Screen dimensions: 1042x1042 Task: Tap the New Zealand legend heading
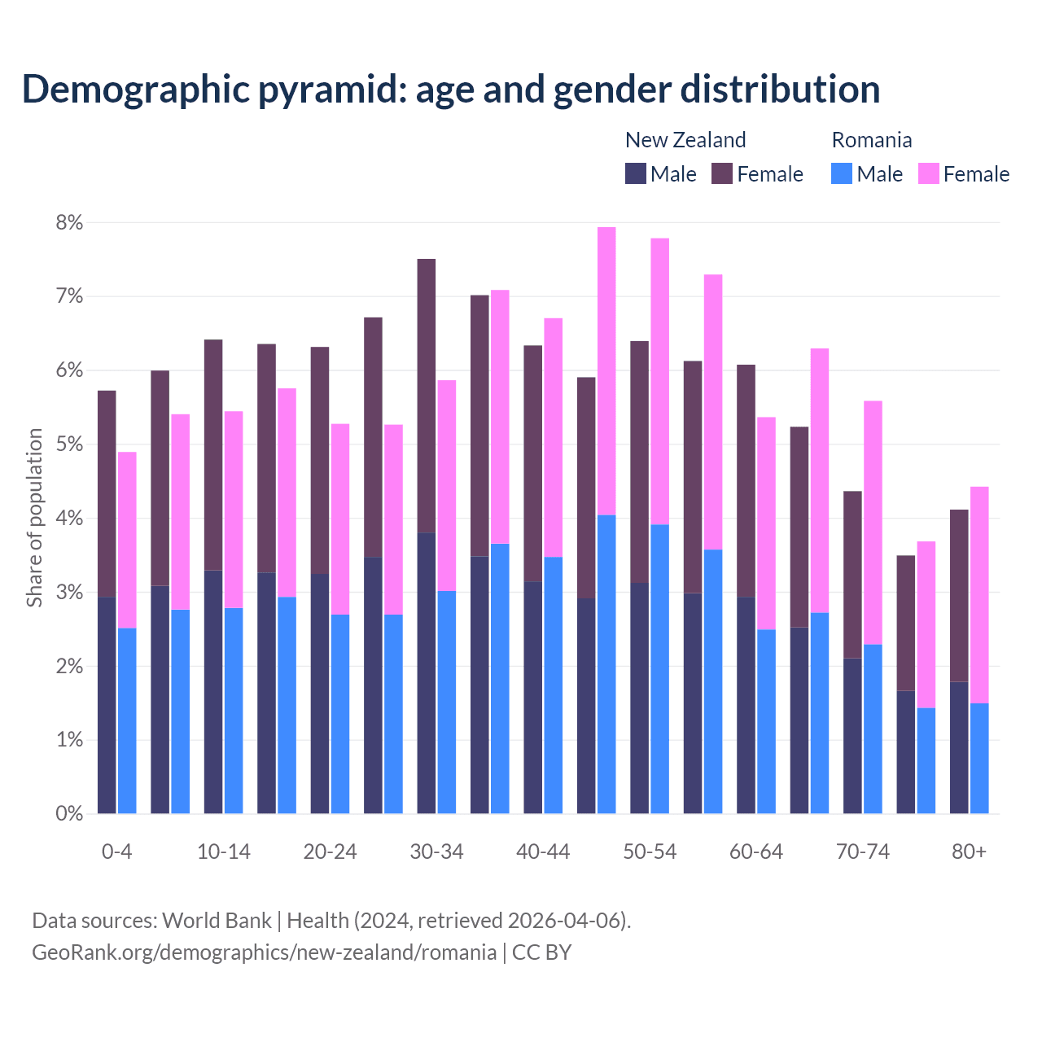tap(685, 140)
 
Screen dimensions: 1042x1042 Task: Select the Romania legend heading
tap(871, 140)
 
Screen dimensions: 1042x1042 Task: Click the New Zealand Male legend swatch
tap(635, 173)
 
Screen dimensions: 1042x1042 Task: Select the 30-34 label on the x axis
tap(436, 852)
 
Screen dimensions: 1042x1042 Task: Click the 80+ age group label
tap(969, 852)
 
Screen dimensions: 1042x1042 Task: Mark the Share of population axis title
tap(34, 518)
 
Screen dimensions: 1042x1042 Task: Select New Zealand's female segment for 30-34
tap(427, 396)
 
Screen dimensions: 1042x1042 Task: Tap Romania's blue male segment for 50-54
tap(660, 668)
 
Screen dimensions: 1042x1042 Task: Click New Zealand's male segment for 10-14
tap(213, 692)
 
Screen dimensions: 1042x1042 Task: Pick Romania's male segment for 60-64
tap(767, 721)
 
